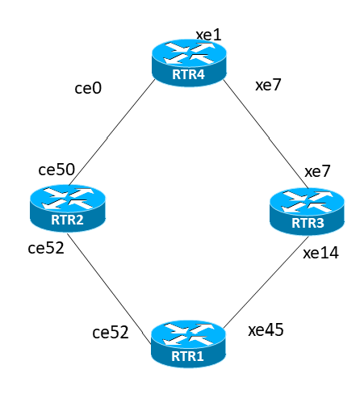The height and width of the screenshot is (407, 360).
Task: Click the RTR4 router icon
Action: pos(189,63)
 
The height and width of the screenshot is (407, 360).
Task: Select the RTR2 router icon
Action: pos(68,208)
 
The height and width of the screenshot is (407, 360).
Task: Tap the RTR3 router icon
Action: pos(307,212)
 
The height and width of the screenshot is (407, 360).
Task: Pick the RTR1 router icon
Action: pos(188,344)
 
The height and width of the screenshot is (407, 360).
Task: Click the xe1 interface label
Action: pos(208,35)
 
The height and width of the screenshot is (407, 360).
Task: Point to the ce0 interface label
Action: pos(88,88)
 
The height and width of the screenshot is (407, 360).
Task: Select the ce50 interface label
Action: pos(57,170)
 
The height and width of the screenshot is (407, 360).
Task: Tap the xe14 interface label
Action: pos(320,253)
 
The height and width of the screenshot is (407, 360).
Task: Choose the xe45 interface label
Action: pos(266,330)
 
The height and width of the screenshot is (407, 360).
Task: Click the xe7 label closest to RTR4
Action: pos(268,85)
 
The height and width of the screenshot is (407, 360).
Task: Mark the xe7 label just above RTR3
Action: pos(317,171)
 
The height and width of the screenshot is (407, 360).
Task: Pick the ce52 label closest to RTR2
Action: pos(46,248)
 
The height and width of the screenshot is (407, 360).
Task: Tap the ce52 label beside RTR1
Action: pos(111,333)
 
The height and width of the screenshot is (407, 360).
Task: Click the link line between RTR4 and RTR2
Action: pos(112,132)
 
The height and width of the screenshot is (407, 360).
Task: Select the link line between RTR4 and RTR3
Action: pos(266,134)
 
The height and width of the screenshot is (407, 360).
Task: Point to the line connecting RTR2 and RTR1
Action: pos(109,288)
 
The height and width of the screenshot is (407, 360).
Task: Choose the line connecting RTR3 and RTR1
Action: pos(266,282)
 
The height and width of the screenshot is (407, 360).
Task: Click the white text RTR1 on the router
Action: pos(187,356)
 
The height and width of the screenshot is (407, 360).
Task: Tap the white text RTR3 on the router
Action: pos(308,223)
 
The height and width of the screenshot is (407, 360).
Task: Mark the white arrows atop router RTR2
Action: pos(68,199)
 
